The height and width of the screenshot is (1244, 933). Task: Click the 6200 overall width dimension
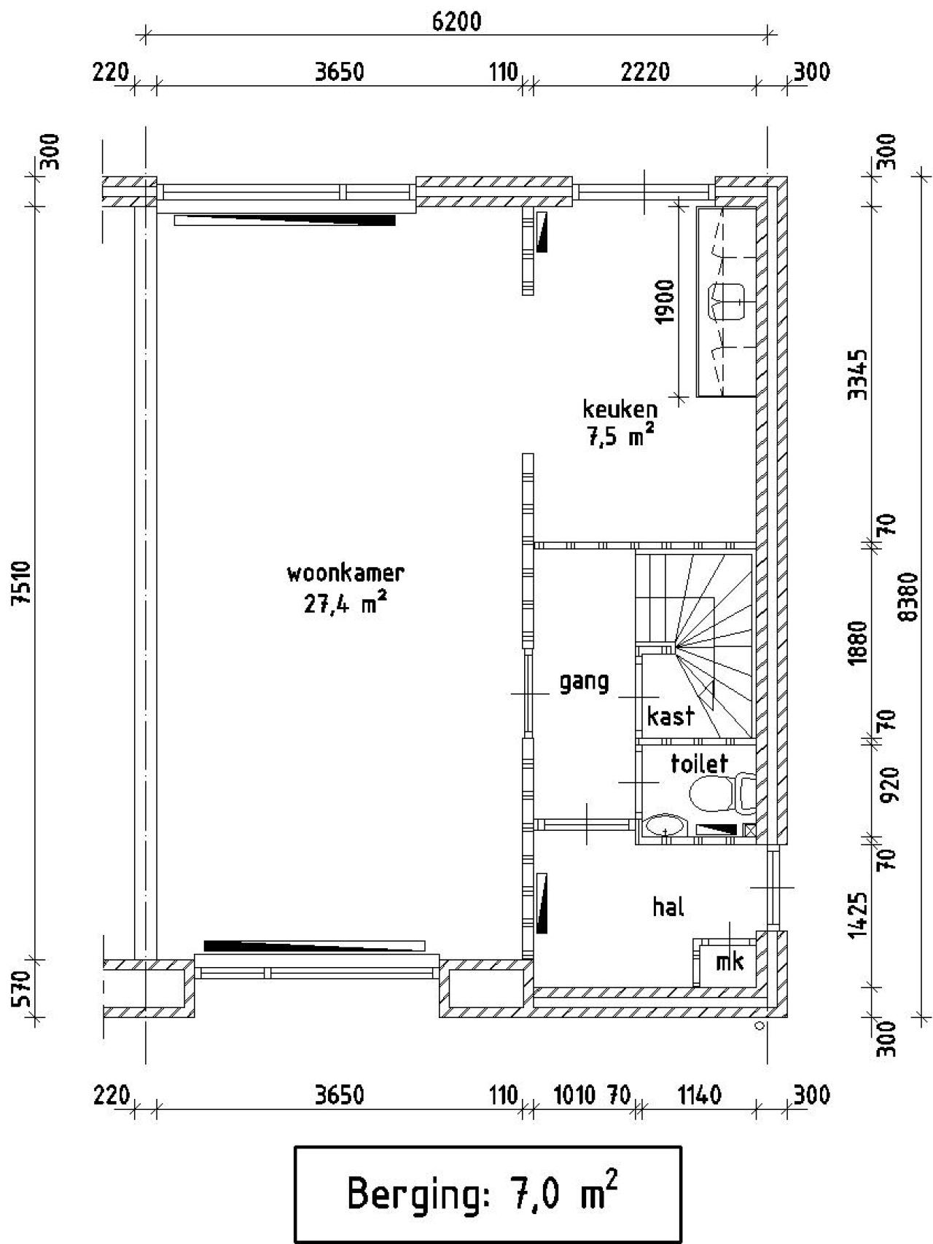coord(456,22)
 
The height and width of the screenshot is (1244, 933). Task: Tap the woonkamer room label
coord(346,573)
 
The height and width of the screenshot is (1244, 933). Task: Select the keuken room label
coord(620,409)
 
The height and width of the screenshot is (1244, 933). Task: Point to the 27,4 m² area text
coord(346,605)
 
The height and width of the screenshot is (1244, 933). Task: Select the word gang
coord(584,684)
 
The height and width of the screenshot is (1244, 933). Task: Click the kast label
coord(671,716)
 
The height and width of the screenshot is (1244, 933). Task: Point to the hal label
coord(668,907)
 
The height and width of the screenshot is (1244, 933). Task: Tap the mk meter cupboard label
coord(730,962)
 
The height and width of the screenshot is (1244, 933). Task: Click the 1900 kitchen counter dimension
coord(665,302)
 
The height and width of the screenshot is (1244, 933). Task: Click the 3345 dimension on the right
coord(859,375)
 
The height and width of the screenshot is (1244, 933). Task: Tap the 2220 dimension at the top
coord(644,73)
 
